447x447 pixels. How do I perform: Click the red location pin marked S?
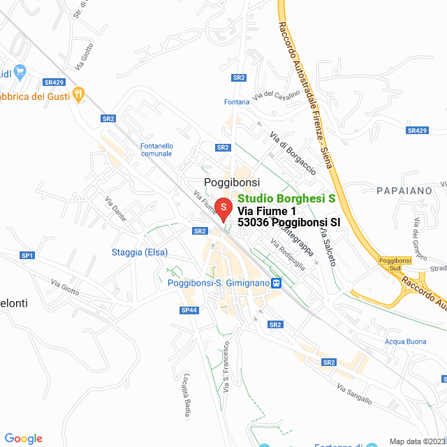pyautogui.click(x=222, y=208)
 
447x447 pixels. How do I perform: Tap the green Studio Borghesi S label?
pyautogui.click(x=286, y=199)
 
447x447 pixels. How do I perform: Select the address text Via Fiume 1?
pyautogui.click(x=268, y=211)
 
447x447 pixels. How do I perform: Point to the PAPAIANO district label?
pyautogui.click(x=404, y=190)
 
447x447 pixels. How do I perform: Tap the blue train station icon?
pyautogui.click(x=277, y=283)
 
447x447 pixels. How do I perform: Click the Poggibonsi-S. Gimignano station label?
pyautogui.click(x=219, y=283)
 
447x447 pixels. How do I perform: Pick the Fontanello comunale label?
pyautogui.click(x=156, y=149)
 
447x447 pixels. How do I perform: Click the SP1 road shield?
pyautogui.click(x=27, y=256)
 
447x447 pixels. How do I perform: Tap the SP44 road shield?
pyautogui.click(x=189, y=309)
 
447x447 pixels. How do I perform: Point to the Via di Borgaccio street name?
pyautogui.click(x=293, y=153)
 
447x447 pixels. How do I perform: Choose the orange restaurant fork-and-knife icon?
pyautogui.click(x=78, y=94)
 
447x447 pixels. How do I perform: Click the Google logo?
pyautogui.click(x=23, y=439)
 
